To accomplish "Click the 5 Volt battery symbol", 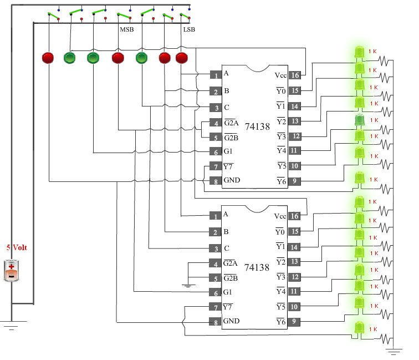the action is [11, 271].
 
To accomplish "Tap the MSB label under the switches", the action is [127, 29].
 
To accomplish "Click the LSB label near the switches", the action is [189, 29].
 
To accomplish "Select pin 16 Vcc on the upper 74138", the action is [294, 75].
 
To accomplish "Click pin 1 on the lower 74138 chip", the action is [216, 216].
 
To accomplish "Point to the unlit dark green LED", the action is [359, 120].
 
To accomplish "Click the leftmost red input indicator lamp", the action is [48, 58].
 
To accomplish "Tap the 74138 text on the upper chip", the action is [257, 126].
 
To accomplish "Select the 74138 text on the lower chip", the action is [257, 267].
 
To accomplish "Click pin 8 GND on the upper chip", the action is [216, 181].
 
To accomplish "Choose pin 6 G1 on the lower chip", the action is [216, 293].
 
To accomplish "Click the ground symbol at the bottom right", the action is [394, 352].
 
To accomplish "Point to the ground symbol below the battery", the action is [12, 325].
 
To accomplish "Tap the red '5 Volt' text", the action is [17, 247].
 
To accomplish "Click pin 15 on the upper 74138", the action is [294, 90].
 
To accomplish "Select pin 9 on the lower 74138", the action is [294, 322].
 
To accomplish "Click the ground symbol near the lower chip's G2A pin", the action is [188, 286].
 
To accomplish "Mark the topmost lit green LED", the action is [359, 52].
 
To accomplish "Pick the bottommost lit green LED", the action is [359, 328].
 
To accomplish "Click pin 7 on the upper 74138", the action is [216, 166].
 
